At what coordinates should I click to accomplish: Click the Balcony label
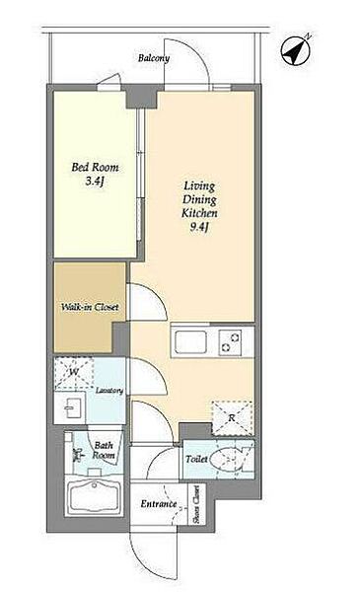[154, 58]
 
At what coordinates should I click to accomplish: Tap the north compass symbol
[297, 50]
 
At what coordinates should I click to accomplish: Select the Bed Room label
[95, 167]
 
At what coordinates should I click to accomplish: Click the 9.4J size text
[199, 228]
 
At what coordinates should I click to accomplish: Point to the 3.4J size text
[95, 182]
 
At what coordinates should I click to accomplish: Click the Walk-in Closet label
[90, 307]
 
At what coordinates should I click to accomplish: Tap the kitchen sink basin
[190, 342]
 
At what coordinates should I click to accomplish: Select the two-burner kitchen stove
[231, 342]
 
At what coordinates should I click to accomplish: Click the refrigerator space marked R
[232, 418]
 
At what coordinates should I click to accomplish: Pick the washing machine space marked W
[74, 373]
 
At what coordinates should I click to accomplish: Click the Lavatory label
[109, 391]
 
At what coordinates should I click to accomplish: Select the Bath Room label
[104, 451]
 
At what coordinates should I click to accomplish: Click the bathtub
[94, 495]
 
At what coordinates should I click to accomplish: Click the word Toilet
[196, 460]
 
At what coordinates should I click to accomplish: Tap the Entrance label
[159, 503]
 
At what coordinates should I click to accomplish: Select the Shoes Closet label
[196, 503]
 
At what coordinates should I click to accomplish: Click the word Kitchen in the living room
[199, 213]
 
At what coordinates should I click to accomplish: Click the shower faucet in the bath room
[78, 455]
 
